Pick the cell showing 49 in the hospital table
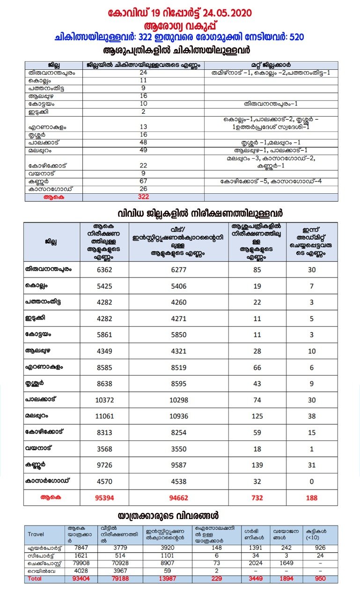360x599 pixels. (143, 150)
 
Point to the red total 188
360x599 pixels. (312, 497)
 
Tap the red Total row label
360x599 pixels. (35, 579)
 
